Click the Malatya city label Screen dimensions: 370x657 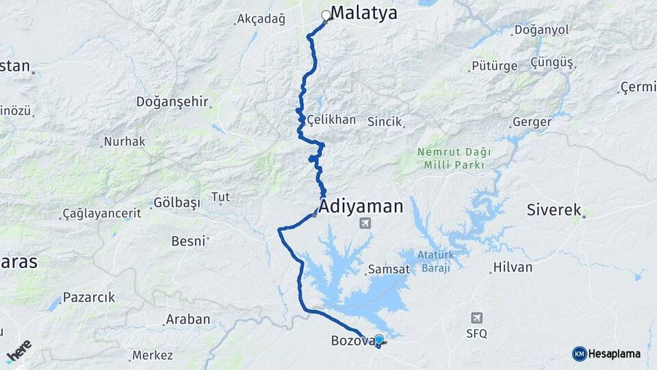pyautogui.click(x=363, y=13)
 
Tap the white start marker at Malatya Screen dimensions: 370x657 pyautogui.click(x=326, y=15)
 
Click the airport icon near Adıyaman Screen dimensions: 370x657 pyautogui.click(x=365, y=223)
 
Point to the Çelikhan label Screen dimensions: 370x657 pyautogui.click(x=331, y=119)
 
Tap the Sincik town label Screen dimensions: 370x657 pyautogui.click(x=384, y=121)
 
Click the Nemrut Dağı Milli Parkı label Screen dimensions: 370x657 pyautogui.click(x=454, y=159)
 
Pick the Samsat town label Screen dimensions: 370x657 pyautogui.click(x=389, y=269)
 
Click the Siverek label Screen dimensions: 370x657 pyautogui.click(x=554, y=210)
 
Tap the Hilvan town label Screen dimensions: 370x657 pyautogui.click(x=512, y=267)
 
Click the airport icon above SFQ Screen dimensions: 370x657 pyautogui.click(x=477, y=318)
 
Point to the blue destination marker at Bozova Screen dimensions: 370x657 pyautogui.click(x=378, y=339)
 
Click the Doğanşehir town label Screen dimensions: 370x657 pyautogui.click(x=172, y=101)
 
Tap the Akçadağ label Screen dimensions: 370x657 pyautogui.click(x=260, y=19)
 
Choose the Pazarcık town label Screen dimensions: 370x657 pyautogui.click(x=89, y=297)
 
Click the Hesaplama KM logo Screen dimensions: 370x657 pyautogui.click(x=606, y=354)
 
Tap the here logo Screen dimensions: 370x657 pyautogui.click(x=18, y=350)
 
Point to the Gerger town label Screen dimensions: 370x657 pyautogui.click(x=532, y=122)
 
